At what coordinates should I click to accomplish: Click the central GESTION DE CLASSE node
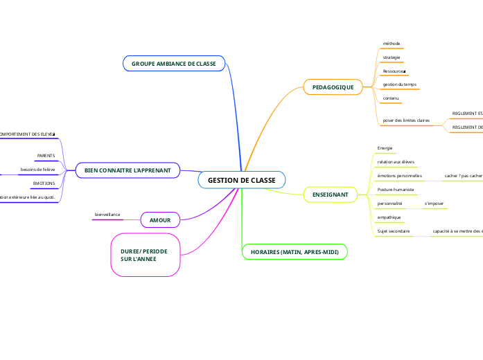(241, 180)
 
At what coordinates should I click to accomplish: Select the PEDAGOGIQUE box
(333, 87)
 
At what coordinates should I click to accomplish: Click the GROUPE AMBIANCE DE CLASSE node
(174, 64)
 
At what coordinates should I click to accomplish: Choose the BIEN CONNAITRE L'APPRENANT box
(128, 170)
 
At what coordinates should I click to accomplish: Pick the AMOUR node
(160, 219)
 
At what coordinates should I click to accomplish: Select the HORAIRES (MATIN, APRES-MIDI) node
(295, 252)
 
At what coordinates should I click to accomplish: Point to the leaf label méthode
(392, 44)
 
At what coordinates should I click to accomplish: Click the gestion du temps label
(400, 84)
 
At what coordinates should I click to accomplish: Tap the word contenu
(391, 98)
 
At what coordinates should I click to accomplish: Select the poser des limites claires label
(406, 120)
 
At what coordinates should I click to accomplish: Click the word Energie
(385, 148)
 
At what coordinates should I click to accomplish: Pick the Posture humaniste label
(395, 189)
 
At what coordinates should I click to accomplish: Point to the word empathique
(389, 217)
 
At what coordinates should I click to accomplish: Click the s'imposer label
(434, 204)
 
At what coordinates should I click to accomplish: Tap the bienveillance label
(107, 215)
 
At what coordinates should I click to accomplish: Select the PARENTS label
(46, 156)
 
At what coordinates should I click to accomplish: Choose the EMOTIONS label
(44, 183)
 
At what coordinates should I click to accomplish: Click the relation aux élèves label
(396, 162)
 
